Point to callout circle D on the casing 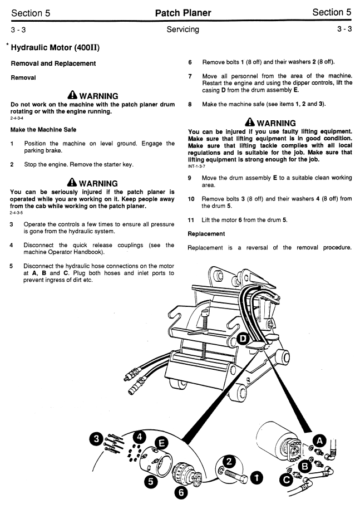coord(244,339)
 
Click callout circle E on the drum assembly coord(161,443)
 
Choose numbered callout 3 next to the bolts coord(97,438)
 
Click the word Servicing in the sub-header coord(183,30)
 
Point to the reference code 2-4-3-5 coord(18,213)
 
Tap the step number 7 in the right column coord(190,76)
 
